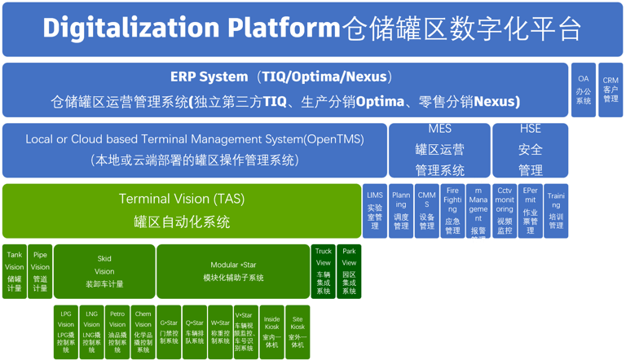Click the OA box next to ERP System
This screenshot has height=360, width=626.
pos(583,90)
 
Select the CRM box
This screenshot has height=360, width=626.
pos(611,90)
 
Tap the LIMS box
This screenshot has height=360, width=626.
pos(375,210)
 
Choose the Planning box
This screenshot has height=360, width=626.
pos(401,210)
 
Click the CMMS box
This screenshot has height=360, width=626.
pos(426,210)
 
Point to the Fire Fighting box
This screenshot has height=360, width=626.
pos(452,210)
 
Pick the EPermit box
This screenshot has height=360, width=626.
pos(530,210)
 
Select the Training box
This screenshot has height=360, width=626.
pos(556,210)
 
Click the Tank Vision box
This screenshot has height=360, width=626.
pos(14,271)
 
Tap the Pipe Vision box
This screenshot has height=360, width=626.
pos(40,271)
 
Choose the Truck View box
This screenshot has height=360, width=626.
pos(324,271)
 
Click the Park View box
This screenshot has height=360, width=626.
pos(349,271)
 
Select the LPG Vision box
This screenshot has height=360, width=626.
pos(66,331)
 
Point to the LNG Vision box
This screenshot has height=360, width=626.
pos(92,331)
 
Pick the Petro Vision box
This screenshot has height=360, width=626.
pos(117,331)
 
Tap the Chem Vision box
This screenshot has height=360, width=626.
pos(143,331)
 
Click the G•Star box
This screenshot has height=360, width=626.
pos(169,331)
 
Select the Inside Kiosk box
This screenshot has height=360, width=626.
pos(271,331)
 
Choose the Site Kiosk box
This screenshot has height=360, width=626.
pos(297,331)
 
